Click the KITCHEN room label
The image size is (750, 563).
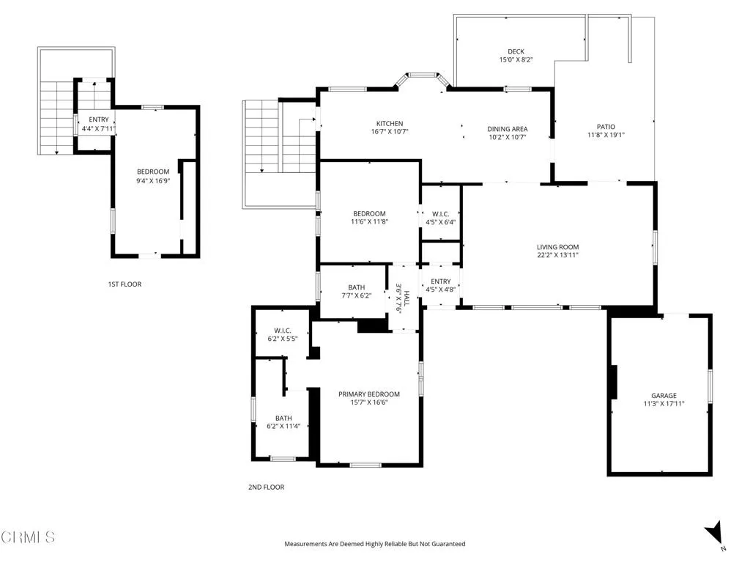(390, 123)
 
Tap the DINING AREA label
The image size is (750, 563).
(507, 129)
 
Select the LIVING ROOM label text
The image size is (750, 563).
(557, 247)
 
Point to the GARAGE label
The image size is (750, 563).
(664, 395)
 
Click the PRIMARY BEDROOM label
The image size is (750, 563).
(369, 394)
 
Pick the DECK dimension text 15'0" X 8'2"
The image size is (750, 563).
(516, 60)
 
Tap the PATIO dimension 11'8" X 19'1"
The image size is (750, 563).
(606, 135)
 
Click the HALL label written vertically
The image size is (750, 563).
(406, 298)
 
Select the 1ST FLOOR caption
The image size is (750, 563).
(125, 284)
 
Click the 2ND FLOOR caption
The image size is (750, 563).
(266, 487)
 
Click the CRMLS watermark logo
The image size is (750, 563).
(28, 537)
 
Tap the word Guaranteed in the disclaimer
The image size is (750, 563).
(449, 544)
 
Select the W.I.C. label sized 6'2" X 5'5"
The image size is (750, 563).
(283, 334)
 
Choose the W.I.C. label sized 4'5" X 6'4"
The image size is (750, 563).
(440, 218)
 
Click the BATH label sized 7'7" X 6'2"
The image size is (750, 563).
(357, 292)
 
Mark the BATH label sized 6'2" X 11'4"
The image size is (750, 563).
(283, 422)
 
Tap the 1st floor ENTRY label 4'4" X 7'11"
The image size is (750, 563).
(99, 124)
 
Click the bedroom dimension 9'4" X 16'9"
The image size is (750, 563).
(153, 181)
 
